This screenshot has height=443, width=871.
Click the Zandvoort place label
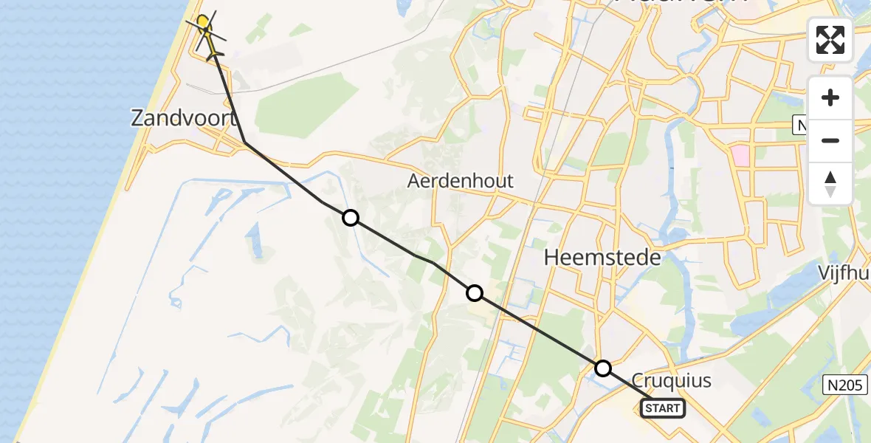pyautogui.click(x=184, y=117)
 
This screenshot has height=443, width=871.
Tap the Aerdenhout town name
pyautogui.click(x=461, y=181)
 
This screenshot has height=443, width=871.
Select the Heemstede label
pyautogui.click(x=602, y=258)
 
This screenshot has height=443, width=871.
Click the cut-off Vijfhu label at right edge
pyautogui.click(x=844, y=272)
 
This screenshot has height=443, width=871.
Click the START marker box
pyautogui.click(x=663, y=408)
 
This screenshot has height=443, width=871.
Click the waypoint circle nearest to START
pyautogui.click(x=603, y=368)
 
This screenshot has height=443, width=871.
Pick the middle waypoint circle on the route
pyautogui.click(x=475, y=293)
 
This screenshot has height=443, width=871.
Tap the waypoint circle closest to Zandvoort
pyautogui.click(x=351, y=217)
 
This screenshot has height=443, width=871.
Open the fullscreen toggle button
pyautogui.click(x=830, y=40)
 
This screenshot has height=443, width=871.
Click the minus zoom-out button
pyautogui.click(x=830, y=140)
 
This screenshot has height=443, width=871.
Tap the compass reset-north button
pyautogui.click(x=830, y=184)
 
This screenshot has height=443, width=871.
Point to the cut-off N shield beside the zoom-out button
pyautogui.click(x=801, y=126)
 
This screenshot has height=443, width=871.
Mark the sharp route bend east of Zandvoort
pyautogui.click(x=244, y=142)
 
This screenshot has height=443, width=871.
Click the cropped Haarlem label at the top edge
pyautogui.click(x=679, y=4)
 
